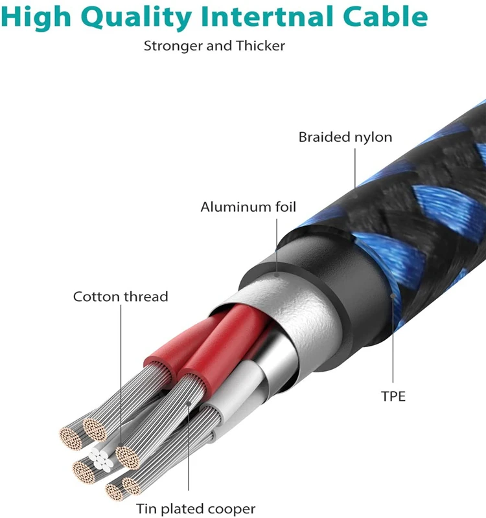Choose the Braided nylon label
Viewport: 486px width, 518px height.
pos(345,137)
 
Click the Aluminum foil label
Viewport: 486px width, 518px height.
pos(248,207)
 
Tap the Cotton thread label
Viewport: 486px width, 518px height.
pos(121,297)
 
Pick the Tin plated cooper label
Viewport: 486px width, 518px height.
pos(196,509)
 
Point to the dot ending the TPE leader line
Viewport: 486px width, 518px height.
pos(393,295)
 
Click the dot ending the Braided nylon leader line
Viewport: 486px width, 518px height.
pos(356,188)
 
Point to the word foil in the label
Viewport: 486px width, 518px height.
pos(284,207)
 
